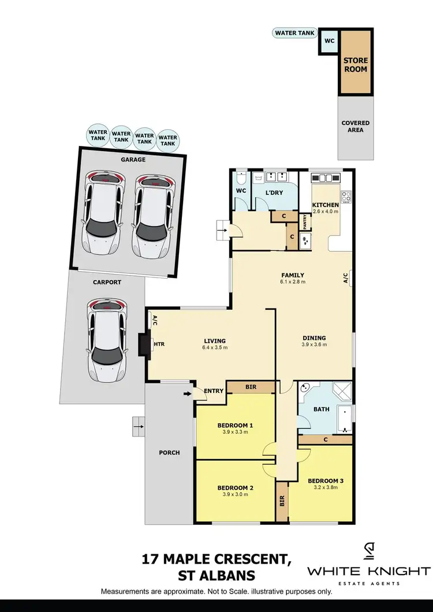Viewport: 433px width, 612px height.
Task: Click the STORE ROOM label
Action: [x=356, y=65]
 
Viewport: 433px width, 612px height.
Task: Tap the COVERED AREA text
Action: [x=356, y=126]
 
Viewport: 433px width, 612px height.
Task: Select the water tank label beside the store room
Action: [x=294, y=33]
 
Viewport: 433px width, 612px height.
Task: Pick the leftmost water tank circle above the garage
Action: [x=98, y=136]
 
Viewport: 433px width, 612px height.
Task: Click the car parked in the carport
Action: [x=106, y=340]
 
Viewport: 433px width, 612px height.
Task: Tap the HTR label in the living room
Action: [x=158, y=345]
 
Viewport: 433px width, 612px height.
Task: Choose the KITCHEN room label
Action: [x=326, y=205]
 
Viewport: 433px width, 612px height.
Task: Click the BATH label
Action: [x=320, y=410]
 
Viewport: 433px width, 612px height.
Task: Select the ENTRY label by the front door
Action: [x=214, y=391]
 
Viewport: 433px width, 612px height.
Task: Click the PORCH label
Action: [x=169, y=453]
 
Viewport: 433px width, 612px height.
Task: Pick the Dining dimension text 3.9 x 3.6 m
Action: [x=315, y=345]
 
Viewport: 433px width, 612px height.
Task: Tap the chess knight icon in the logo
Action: [x=369, y=552]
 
